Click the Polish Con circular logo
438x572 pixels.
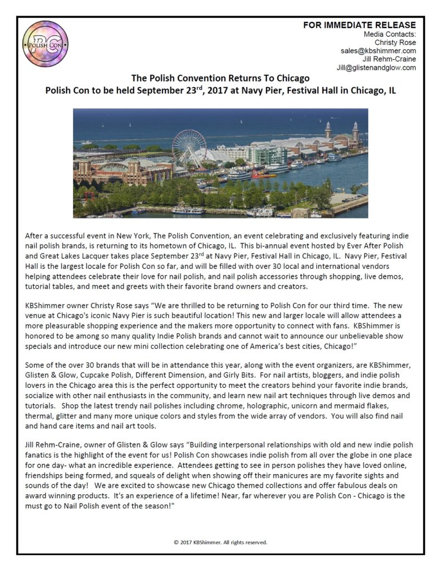45,44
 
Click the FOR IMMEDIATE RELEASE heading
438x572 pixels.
359,25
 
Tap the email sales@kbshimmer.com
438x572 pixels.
378,51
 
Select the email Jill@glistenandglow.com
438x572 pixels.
376,68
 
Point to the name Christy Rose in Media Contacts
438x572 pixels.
395,42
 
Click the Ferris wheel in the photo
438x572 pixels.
189,146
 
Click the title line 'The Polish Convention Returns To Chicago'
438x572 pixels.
220,78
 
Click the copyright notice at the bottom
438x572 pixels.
220,542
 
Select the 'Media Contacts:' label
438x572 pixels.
389,34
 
